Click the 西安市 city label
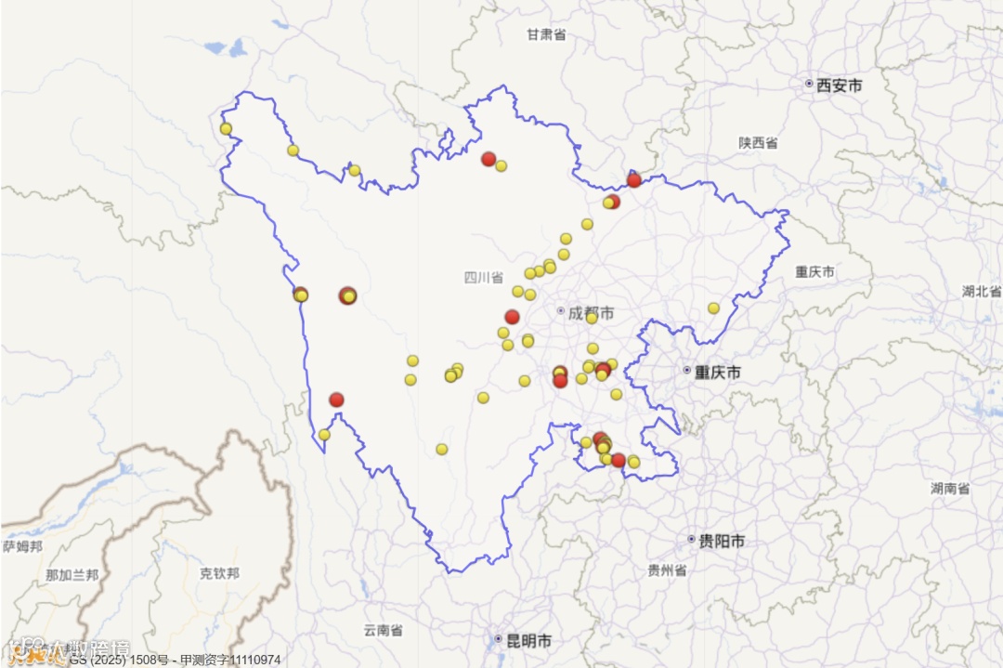[x=839, y=85]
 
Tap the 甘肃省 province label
[x=546, y=34]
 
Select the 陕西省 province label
[x=759, y=143]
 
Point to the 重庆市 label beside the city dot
[x=719, y=372]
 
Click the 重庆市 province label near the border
[x=814, y=272]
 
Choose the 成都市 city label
[x=591, y=313]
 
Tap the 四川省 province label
[x=484, y=277]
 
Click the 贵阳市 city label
[x=722, y=541]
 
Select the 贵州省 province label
[x=667, y=570]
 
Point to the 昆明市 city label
[x=528, y=640]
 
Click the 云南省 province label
[x=383, y=630]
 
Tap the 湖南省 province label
[x=950, y=488]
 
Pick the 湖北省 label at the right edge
[x=982, y=291]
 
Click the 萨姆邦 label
[x=22, y=546]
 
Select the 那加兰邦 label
[x=72, y=575]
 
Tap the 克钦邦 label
[x=219, y=573]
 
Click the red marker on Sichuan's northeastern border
[x=634, y=180]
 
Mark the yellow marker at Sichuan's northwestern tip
[x=226, y=128]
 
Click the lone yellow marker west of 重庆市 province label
[x=713, y=308]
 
